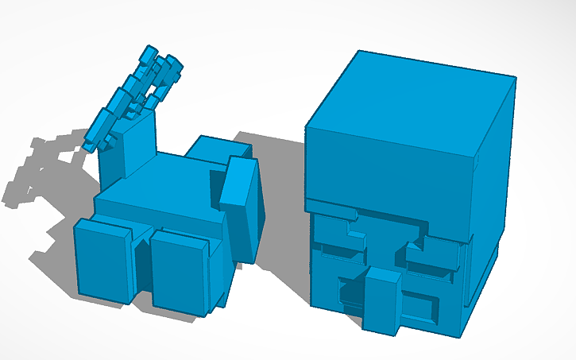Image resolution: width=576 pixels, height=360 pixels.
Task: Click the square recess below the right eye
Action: click(419, 303)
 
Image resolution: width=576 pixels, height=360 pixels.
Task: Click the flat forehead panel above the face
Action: click(389, 171)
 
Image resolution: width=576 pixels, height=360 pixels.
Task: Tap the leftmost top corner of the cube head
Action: click(307, 126)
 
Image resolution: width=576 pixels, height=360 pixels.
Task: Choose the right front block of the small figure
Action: click(180, 270)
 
